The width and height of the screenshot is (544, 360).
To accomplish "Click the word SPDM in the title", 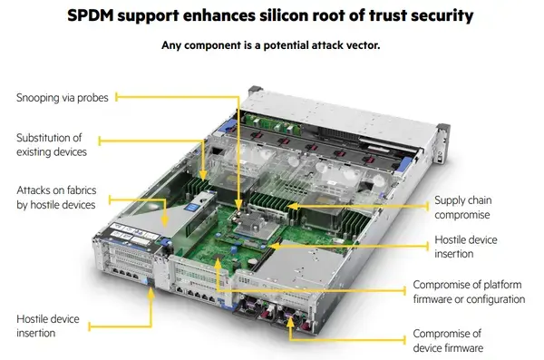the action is click(x=90, y=15).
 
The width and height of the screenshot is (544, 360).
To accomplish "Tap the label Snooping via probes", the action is click(x=63, y=98).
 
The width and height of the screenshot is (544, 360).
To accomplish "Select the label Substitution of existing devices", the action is click(x=52, y=145).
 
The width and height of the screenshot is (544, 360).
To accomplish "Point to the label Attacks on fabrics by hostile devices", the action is click(x=56, y=198).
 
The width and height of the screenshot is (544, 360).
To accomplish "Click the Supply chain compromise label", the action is click(x=462, y=208).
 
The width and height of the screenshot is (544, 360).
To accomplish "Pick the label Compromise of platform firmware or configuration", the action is click(x=469, y=292).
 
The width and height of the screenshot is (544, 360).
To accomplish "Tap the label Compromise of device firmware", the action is click(x=448, y=341).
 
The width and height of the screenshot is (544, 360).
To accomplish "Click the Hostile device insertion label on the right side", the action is click(x=466, y=247).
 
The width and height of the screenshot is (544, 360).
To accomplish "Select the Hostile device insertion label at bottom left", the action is click(x=48, y=326).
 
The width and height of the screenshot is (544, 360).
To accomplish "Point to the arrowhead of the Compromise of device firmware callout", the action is click(x=291, y=322).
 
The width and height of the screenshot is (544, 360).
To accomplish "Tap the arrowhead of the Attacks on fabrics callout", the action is click(x=165, y=220).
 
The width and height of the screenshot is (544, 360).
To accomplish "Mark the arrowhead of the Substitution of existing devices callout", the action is click(x=204, y=175).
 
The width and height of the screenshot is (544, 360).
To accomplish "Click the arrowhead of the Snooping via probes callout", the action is click(x=238, y=204).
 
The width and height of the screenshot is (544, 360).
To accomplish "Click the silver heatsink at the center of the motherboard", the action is click(x=256, y=224).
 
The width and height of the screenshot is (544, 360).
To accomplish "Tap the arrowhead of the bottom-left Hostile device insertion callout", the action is click(x=151, y=294).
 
